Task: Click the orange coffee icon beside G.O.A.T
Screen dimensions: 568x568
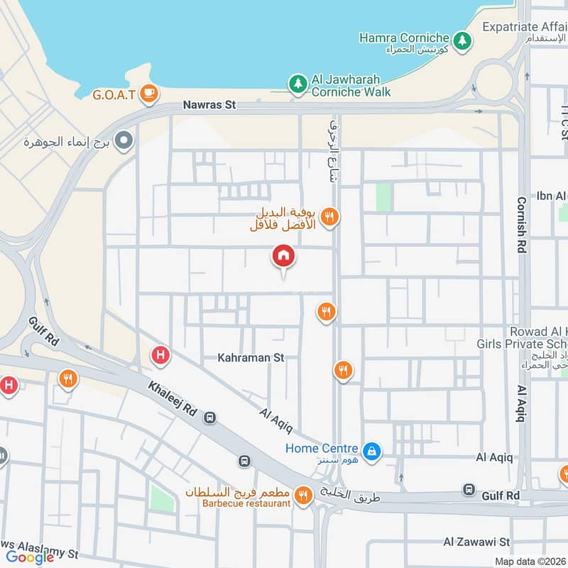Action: point(148,92)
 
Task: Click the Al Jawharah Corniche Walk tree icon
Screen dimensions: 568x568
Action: point(297,84)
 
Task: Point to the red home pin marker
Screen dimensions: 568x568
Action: point(283,256)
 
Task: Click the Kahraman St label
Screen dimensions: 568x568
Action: point(251,358)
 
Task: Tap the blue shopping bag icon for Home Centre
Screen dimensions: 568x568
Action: point(371,451)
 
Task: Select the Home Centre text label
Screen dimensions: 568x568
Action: point(322,448)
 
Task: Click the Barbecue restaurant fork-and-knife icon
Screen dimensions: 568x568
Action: point(303,496)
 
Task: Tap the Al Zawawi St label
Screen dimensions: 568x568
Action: point(477,542)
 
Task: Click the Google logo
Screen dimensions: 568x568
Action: point(30,557)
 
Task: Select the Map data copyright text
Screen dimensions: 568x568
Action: point(530,561)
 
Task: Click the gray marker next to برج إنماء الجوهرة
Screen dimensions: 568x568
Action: point(124,141)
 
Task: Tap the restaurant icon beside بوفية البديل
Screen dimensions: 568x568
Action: point(329,217)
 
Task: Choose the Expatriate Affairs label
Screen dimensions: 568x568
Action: point(525,26)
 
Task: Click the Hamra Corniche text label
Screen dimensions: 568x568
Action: point(404,38)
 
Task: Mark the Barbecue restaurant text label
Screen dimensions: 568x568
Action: point(246,503)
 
